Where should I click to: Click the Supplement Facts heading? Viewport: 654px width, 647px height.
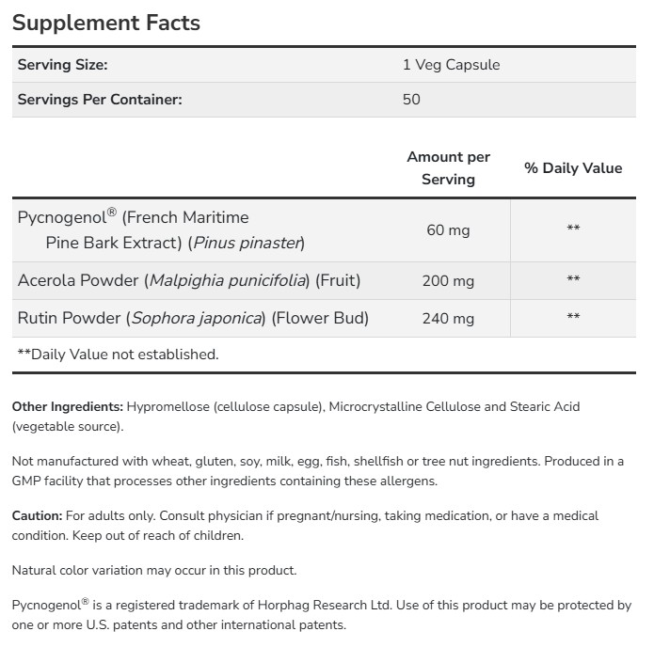pyautogui.click(x=105, y=23)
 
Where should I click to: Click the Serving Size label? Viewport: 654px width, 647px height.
pyautogui.click(x=63, y=65)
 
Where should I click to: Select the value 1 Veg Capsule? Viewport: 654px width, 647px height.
pyautogui.click(x=451, y=65)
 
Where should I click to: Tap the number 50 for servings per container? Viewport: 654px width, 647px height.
pyautogui.click(x=411, y=99)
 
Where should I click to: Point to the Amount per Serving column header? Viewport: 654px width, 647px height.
pyautogui.click(x=448, y=167)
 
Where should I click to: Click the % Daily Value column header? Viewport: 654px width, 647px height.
pyautogui.click(x=573, y=168)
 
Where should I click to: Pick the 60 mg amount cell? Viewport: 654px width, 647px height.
pyautogui.click(x=448, y=229)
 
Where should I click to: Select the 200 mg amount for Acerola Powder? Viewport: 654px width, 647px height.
pyautogui.click(x=448, y=280)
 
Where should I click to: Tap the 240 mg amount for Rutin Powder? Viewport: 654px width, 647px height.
pyautogui.click(x=448, y=318)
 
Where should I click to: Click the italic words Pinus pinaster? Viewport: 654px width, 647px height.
pyautogui.click(x=247, y=243)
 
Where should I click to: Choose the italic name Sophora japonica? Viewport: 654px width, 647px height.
pyautogui.click(x=197, y=318)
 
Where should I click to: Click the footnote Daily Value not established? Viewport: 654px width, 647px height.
pyautogui.click(x=118, y=355)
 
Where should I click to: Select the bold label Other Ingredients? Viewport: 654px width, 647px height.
pyautogui.click(x=67, y=407)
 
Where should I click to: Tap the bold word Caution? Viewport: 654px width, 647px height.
pyautogui.click(x=37, y=516)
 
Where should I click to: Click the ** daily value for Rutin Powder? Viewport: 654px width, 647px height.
pyautogui.click(x=573, y=318)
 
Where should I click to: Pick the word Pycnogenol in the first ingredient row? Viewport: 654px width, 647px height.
pyautogui.click(x=61, y=217)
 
